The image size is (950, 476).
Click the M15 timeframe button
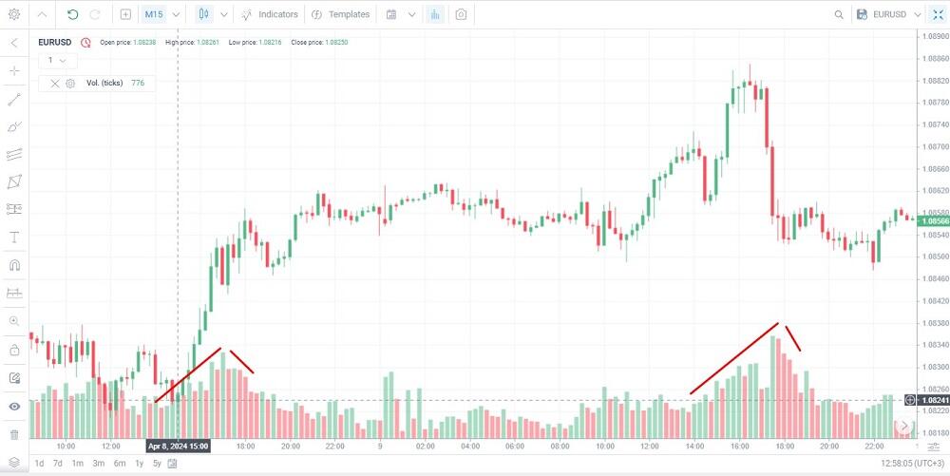tap(154, 14)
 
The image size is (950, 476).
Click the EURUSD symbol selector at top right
tap(888, 14)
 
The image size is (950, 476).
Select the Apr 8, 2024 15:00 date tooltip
tap(178, 446)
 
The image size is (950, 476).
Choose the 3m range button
tap(98, 464)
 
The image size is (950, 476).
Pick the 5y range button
tap(157, 464)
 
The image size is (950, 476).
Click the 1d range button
tap(39, 464)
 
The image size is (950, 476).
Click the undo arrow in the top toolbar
tap(72, 14)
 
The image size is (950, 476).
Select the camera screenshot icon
tap(461, 14)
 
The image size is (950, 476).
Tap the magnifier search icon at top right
tap(839, 14)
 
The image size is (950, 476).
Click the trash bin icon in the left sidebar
tap(14, 434)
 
